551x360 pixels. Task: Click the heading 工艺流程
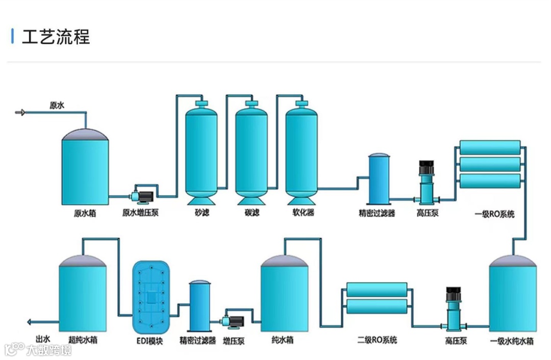pyautogui.click(x=56, y=37)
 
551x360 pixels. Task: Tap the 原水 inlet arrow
pyautogui.click(x=20, y=112)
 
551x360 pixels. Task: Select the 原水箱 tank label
pyautogui.click(x=85, y=213)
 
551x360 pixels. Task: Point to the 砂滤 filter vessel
pyautogui.click(x=202, y=150)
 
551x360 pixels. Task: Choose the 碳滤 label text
pyautogui.click(x=252, y=213)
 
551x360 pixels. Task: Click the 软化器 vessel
pyautogui.click(x=302, y=150)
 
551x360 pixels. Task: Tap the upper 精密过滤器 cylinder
pyautogui.click(x=380, y=178)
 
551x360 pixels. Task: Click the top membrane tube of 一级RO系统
pyautogui.click(x=490, y=147)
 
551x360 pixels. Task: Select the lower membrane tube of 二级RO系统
pyautogui.click(x=377, y=306)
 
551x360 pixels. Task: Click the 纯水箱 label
pyautogui.click(x=283, y=340)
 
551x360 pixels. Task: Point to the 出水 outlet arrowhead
pyautogui.click(x=29, y=322)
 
